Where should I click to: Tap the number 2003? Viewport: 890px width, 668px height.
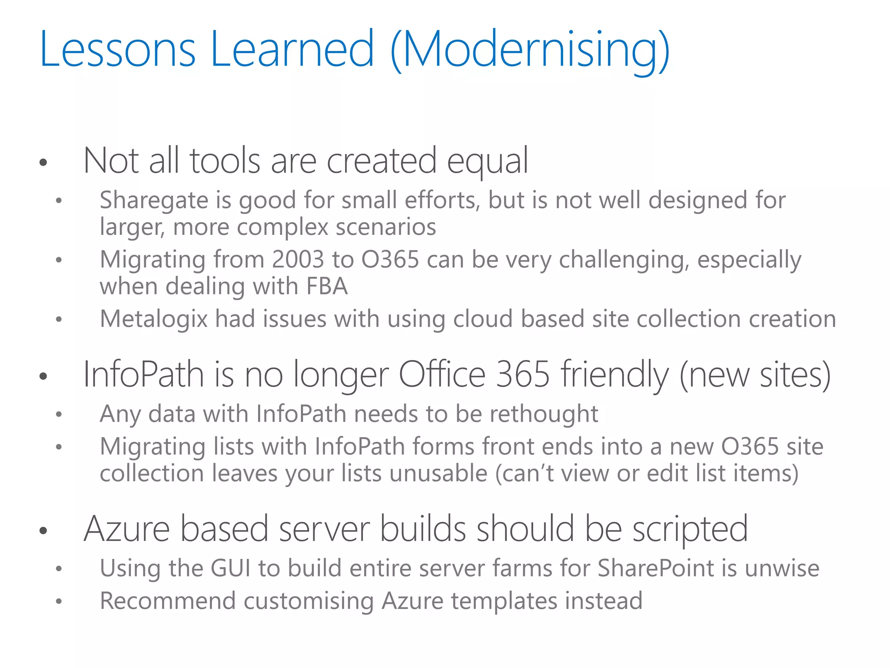point(298,260)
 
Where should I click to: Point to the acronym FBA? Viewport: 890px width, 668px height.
point(327,287)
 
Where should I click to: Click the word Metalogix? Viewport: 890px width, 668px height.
point(154,319)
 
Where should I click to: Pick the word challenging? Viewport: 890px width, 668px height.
point(624,260)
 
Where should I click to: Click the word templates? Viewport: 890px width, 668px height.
point(504,601)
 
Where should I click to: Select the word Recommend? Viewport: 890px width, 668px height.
point(168,601)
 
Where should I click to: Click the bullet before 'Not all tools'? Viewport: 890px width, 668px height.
point(43,163)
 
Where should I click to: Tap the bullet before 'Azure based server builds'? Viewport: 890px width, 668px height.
point(43,531)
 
